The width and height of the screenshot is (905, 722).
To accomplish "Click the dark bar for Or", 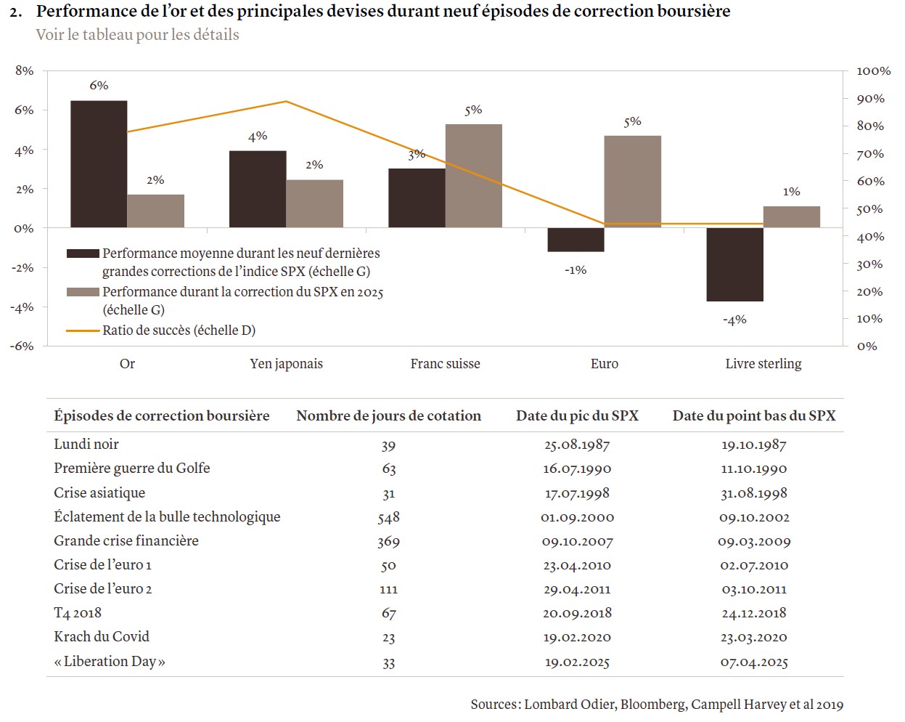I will tap(99, 164).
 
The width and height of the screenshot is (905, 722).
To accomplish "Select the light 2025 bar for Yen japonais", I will tap(314, 204).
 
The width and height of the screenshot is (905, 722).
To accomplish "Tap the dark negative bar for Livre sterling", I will tap(734, 264).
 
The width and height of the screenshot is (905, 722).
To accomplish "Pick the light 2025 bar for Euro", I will tap(632, 182).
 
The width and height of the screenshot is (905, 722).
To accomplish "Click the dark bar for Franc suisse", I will tap(417, 198).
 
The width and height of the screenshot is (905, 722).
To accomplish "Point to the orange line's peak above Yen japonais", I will tap(286, 102).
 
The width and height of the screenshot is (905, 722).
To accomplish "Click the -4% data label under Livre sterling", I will tap(734, 320).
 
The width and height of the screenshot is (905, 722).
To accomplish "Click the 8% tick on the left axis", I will tap(25, 70).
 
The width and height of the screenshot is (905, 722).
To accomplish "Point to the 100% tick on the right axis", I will tap(873, 71).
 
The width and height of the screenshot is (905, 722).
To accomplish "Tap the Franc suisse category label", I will tap(445, 364).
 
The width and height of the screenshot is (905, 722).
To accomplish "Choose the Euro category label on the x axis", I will tap(605, 364).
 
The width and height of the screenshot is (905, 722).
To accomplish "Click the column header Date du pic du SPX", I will tap(577, 415).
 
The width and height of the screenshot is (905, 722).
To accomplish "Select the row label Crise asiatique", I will tap(99, 492).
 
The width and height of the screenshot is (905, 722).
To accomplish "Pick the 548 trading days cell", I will tap(388, 517).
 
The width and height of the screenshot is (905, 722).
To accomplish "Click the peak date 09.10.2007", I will tap(577, 541).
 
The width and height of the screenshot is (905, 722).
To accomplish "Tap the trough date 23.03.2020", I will tap(754, 637).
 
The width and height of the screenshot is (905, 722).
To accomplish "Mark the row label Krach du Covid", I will tap(102, 636).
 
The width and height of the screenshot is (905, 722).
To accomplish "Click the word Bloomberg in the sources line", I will tap(652, 704).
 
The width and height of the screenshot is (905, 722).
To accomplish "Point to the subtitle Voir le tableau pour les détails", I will tap(137, 35).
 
